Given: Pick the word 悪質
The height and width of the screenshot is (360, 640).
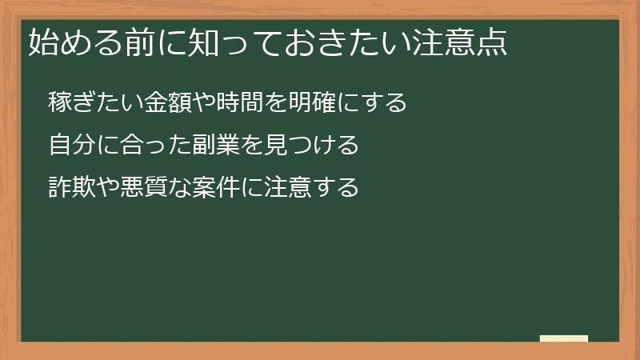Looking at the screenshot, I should coord(146,189).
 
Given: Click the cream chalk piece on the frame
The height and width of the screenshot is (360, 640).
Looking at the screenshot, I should coord(563,338).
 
